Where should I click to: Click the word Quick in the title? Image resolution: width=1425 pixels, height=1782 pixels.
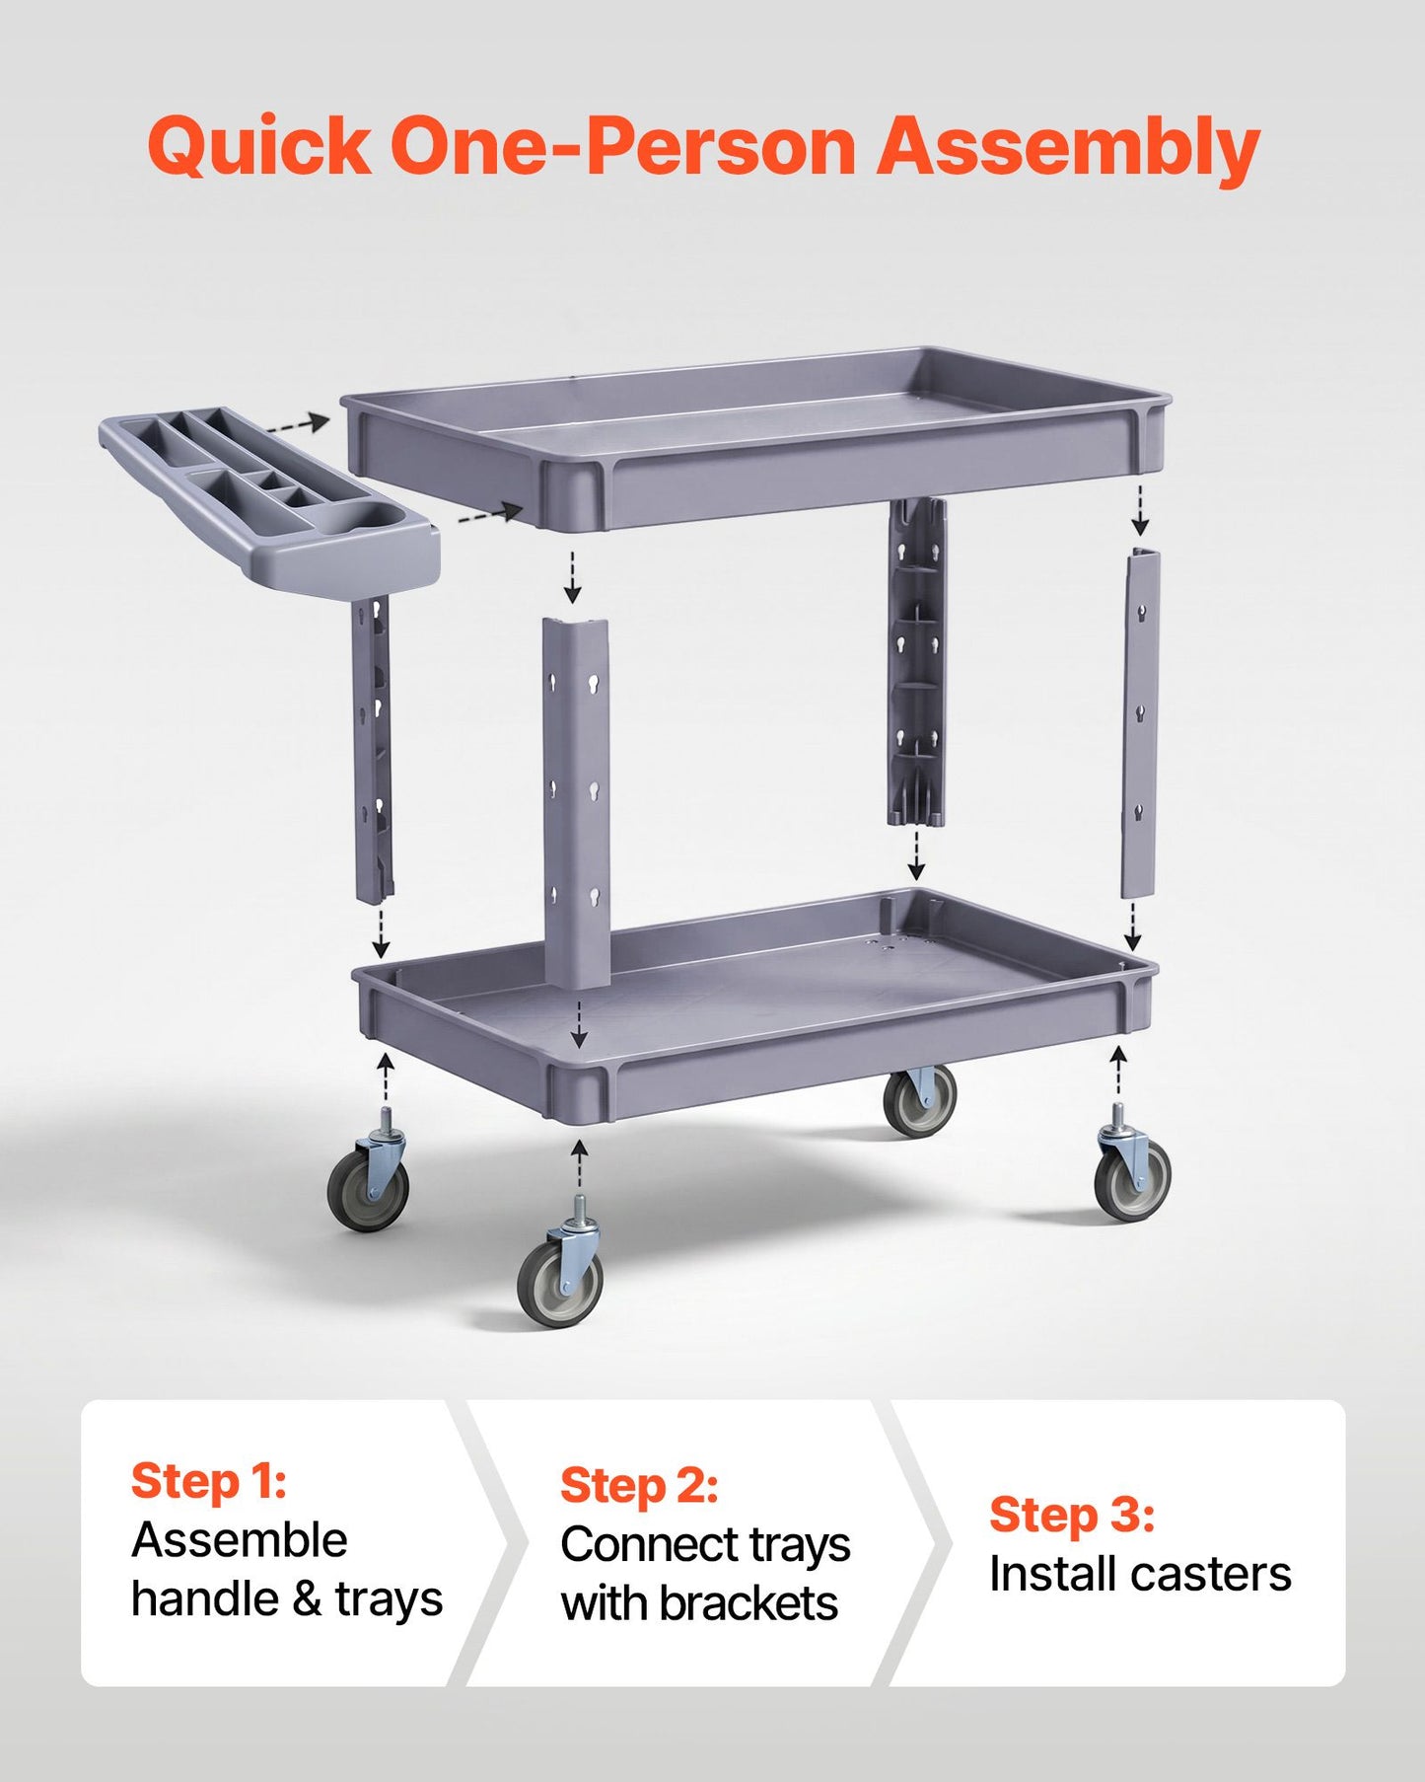pos(259,146)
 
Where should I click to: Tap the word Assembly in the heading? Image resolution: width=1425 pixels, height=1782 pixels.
pos(1068,148)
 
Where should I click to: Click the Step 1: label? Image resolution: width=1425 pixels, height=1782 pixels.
pos(209,1481)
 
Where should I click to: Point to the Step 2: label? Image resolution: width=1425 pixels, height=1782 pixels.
pos(639,1485)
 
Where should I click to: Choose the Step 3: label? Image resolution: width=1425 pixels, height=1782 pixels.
pos(1072,1515)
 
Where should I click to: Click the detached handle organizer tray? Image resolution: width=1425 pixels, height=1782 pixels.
pos(269,498)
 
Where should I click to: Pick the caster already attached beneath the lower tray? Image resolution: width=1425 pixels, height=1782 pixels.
pos(919,1100)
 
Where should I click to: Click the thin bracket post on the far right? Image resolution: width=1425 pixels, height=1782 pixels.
pos(1141,723)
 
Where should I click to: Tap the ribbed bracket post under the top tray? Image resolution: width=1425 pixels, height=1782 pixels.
pos(917,661)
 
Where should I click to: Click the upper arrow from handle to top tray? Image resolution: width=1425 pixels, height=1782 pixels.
pos(298,425)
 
